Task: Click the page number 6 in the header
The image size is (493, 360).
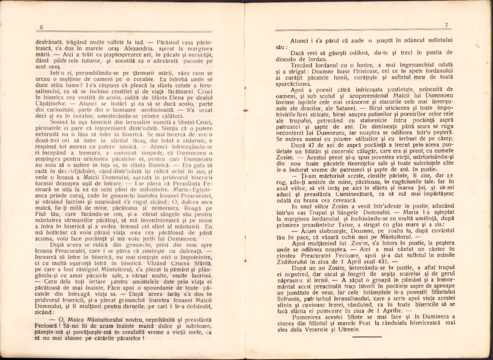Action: pyautogui.click(x=41, y=27)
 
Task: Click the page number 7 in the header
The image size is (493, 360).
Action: pyautogui.click(x=446, y=25)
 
